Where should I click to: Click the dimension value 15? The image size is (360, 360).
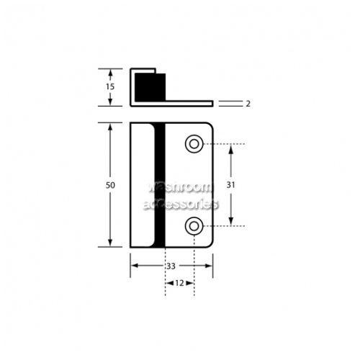pos(110,86)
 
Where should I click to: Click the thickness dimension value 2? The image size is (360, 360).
pos(248,104)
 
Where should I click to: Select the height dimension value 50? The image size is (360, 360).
pos(110,185)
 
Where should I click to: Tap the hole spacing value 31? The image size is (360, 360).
pos(230,185)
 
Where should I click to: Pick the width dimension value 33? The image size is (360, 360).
pos(171,266)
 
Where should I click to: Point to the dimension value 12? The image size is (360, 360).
pos(179,283)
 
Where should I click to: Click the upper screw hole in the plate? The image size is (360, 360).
pos(194,144)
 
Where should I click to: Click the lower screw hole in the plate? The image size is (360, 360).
pos(194,226)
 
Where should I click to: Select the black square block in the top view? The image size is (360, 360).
pos(150,87)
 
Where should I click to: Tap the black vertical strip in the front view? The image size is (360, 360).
pos(160,185)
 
